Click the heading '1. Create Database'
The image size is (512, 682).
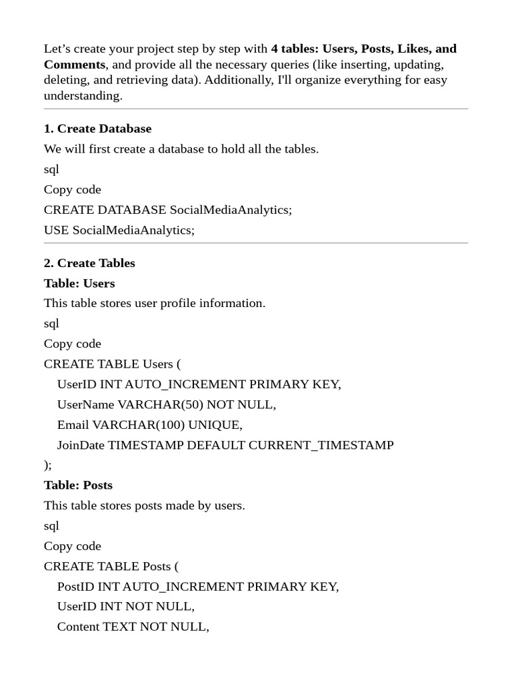97,129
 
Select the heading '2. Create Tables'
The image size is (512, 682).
89,263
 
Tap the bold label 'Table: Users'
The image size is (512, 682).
79,283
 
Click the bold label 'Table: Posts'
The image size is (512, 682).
78,485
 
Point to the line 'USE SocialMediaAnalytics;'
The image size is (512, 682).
119,230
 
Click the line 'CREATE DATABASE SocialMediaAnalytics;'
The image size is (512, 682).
168,210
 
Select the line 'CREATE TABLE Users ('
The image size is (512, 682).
112,364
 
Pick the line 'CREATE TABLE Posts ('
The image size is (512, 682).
111,566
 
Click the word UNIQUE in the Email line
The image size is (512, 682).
215,424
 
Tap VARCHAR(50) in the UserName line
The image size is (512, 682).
161,404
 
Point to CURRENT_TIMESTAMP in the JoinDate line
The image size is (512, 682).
321,445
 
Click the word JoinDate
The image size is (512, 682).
81,445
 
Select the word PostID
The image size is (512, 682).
76,586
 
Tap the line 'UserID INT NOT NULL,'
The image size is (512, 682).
126,607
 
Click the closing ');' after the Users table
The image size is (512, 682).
48,465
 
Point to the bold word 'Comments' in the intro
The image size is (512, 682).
75,65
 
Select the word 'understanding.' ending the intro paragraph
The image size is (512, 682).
83,95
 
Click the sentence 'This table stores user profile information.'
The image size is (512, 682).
155,303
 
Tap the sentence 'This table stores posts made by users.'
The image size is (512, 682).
145,506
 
